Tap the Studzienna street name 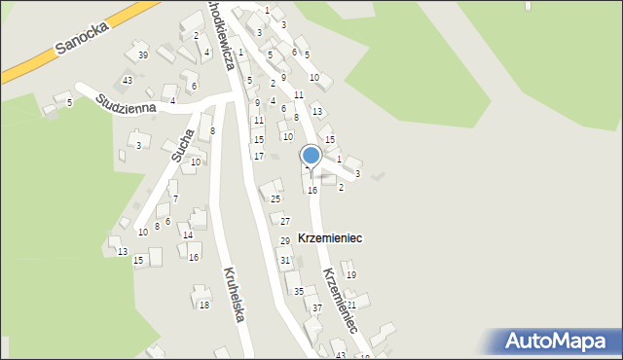point(127,99)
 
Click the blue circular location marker point(311,155)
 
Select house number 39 point(143,55)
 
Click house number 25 point(275,199)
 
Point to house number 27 point(285,222)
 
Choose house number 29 point(285,240)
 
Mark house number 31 point(284,261)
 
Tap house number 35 point(299,292)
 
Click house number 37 point(317,308)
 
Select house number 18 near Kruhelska point(204,306)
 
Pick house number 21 point(351,306)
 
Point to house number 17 point(259,156)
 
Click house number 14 point(188,235)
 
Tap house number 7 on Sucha point(175,198)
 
